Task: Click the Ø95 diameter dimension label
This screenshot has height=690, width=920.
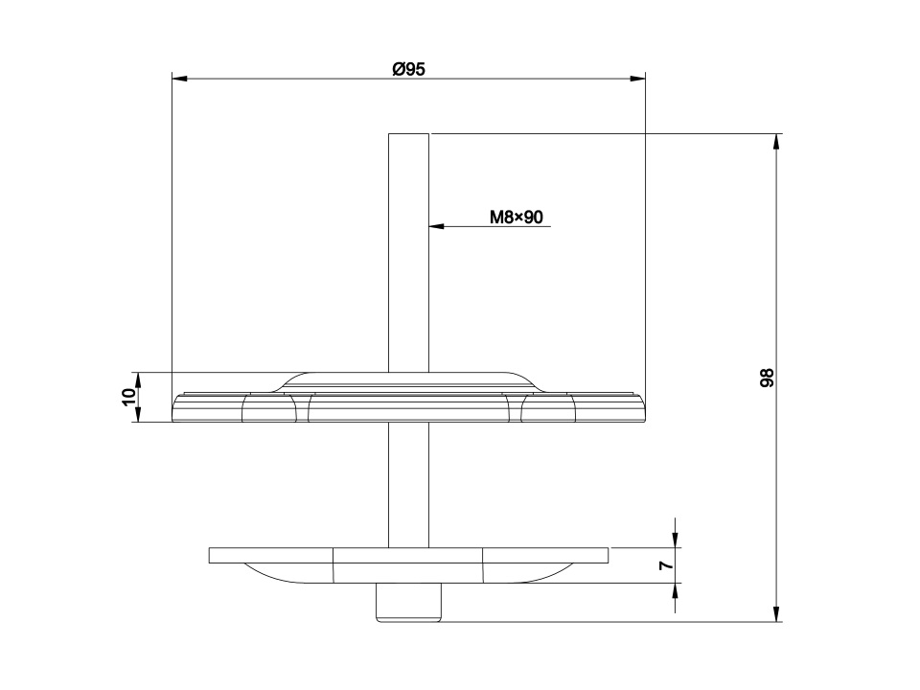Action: point(408,69)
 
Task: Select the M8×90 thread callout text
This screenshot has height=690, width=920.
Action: point(517,218)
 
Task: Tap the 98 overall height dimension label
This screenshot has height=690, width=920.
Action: point(767,378)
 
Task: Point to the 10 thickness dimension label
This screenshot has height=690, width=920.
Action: point(129,397)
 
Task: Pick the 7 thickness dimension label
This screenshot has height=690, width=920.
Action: point(666,565)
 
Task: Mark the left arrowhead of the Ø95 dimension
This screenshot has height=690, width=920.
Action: point(179,79)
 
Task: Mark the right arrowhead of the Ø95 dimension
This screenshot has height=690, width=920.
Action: point(637,79)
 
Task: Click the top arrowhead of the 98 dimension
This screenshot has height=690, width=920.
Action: point(777,142)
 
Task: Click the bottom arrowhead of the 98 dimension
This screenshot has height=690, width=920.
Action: point(777,613)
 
